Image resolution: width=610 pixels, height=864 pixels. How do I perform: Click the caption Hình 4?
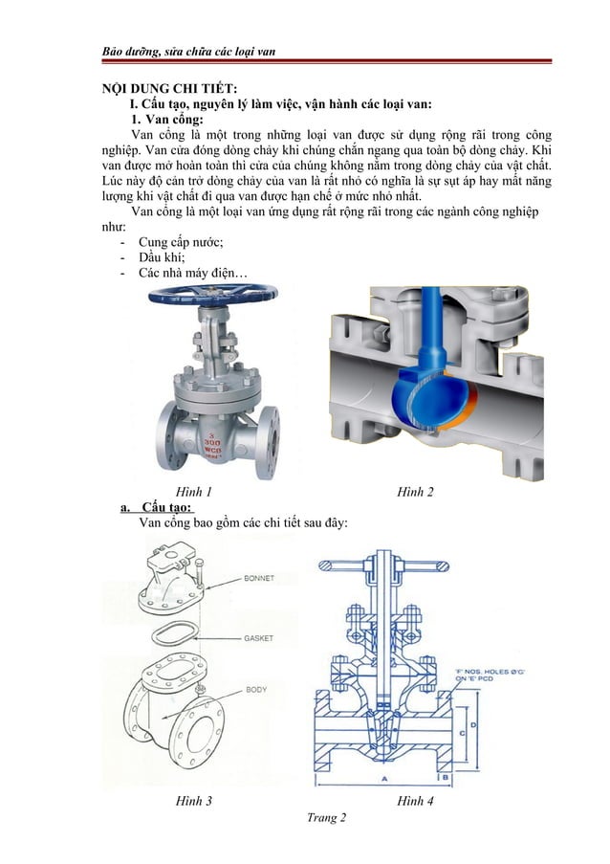(416, 801)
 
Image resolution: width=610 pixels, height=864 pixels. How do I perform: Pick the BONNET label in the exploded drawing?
(261, 579)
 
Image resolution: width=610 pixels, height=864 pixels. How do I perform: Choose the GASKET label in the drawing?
(260, 636)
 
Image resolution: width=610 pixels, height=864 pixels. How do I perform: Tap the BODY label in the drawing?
(256, 689)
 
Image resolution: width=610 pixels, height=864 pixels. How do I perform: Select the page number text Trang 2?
(321, 818)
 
